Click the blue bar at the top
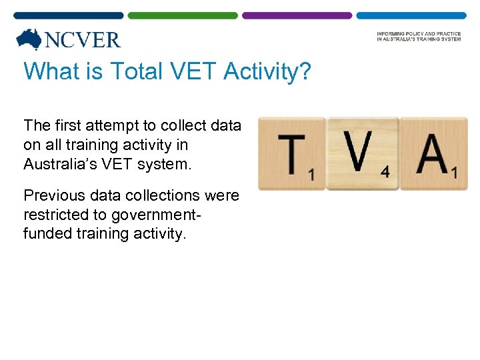point(69,15)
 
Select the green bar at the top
point(183,15)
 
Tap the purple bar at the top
point(297,15)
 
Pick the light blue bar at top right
point(411,15)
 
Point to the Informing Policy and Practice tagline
point(418,36)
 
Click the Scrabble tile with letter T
point(292,154)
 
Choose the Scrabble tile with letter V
point(363,153)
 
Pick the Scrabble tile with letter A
point(433,154)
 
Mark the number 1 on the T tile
point(311,175)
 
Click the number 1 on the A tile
point(454,173)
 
